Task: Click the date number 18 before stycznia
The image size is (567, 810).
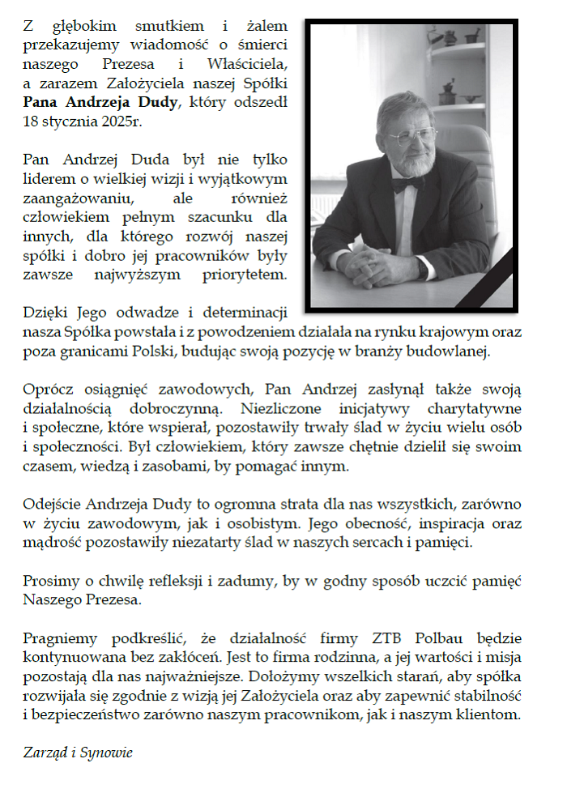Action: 32,123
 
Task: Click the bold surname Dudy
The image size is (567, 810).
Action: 167,103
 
